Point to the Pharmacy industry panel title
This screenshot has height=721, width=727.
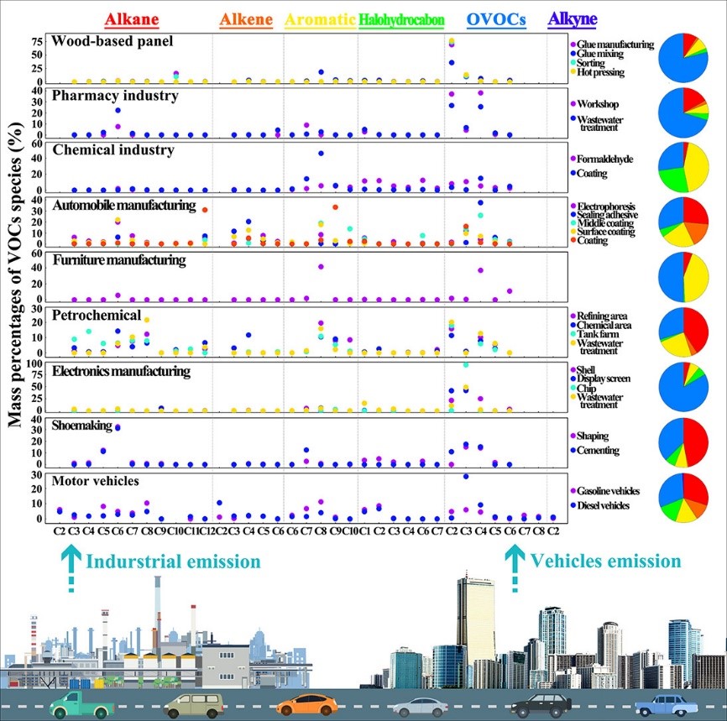coord(115,96)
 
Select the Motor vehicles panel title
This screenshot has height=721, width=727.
coord(96,481)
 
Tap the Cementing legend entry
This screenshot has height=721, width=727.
coord(603,450)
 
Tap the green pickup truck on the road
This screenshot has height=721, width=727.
coord(80,703)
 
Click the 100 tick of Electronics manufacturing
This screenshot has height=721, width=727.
coord(36,363)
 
